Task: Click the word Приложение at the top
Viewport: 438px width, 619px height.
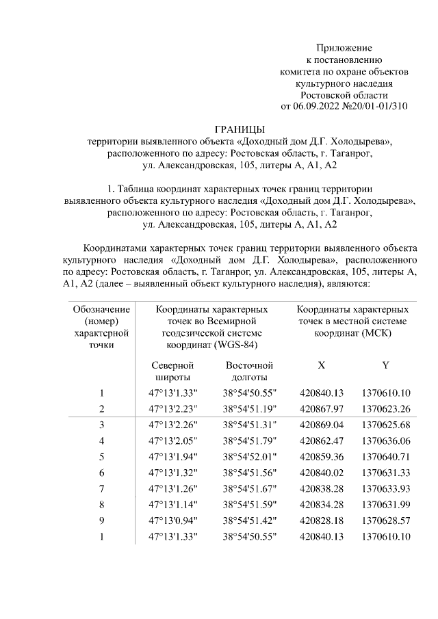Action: click(x=344, y=48)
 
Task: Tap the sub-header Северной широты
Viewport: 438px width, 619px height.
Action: click(x=173, y=371)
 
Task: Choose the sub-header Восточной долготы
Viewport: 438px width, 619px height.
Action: click(x=249, y=371)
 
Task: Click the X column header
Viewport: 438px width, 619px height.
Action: click(x=321, y=365)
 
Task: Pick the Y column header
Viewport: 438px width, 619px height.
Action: click(x=385, y=365)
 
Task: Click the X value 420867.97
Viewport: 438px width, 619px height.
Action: click(x=321, y=409)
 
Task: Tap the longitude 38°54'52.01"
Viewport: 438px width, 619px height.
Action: click(x=249, y=456)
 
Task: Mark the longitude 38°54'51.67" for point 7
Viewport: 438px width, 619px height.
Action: click(x=249, y=488)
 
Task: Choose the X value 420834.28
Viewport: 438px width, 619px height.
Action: click(x=321, y=505)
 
